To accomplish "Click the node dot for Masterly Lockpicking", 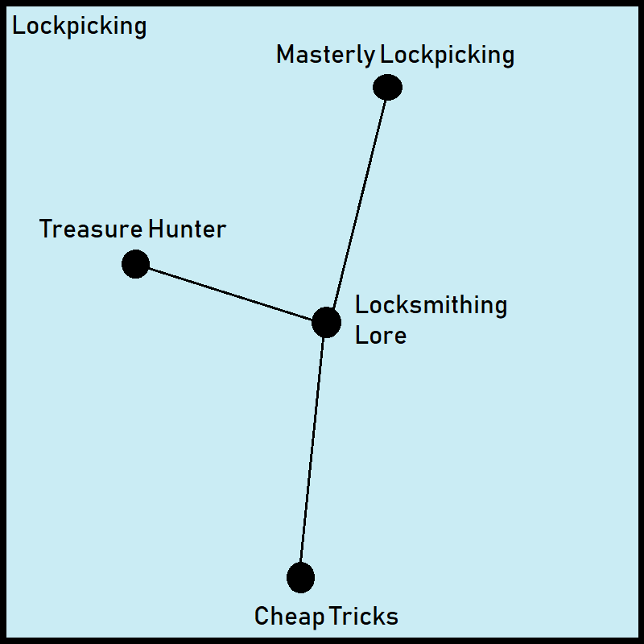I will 387,87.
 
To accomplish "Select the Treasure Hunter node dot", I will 135,263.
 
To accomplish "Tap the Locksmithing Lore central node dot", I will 326,322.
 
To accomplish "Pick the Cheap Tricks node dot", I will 300,577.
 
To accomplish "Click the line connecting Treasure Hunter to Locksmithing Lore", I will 230,293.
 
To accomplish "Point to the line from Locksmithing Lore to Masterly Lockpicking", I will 357,204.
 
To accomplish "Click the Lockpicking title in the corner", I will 80,27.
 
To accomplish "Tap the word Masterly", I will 325,56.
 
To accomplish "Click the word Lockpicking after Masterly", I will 447,56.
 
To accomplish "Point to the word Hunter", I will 188,229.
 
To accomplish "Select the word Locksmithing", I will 431,306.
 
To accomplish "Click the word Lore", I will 380,335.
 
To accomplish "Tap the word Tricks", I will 365,617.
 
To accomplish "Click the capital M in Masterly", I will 285,55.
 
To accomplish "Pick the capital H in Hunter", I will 156,229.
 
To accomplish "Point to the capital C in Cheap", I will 262,617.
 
